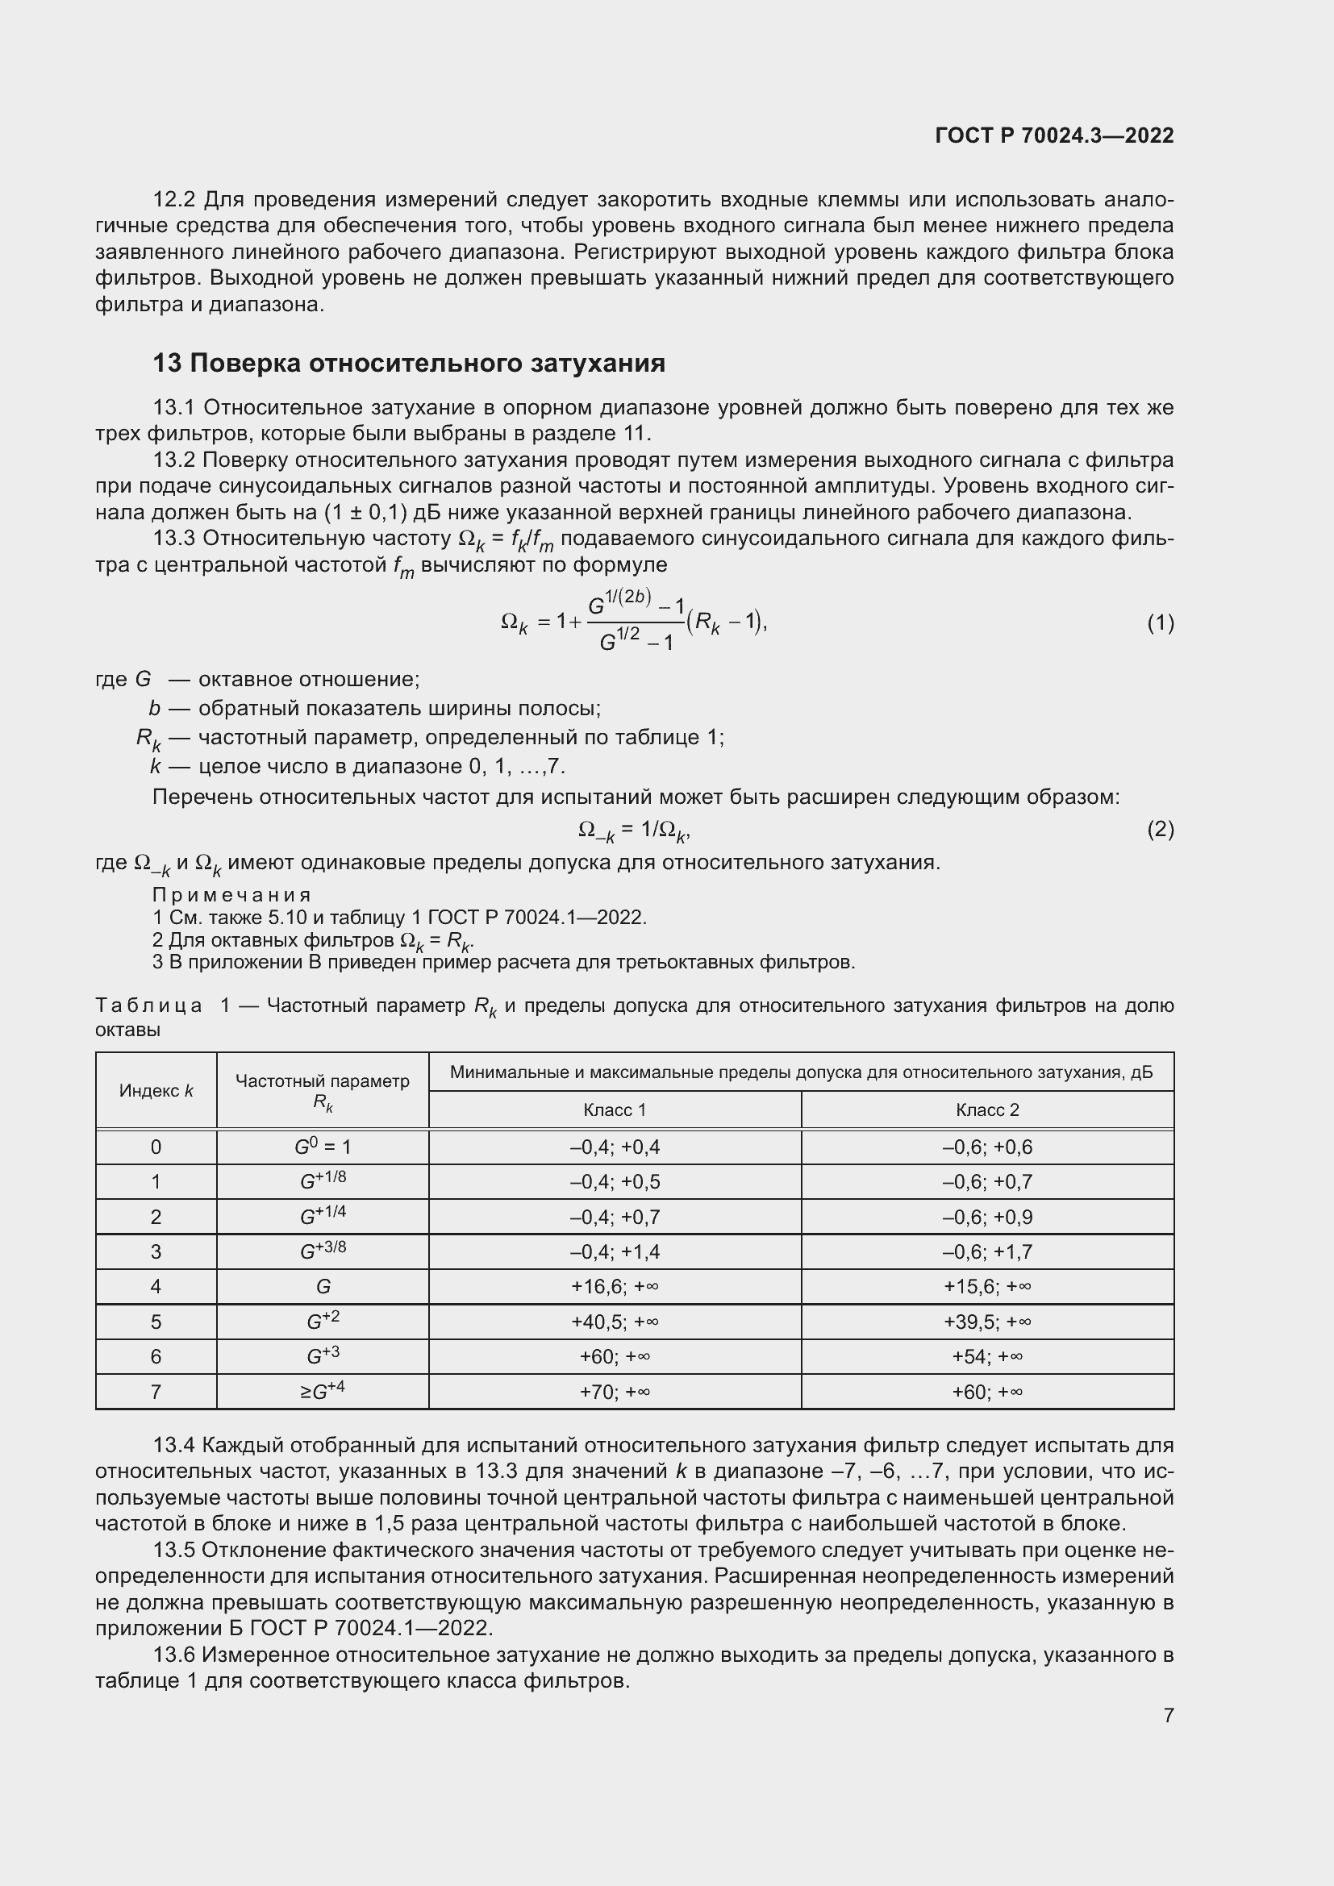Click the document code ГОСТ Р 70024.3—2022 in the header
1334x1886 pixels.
pyautogui.click(x=1054, y=136)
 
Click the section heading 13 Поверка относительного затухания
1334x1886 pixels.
pyautogui.click(x=408, y=363)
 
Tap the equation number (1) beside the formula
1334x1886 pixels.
pyautogui.click(x=1160, y=623)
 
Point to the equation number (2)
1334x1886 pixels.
pyautogui.click(x=1160, y=830)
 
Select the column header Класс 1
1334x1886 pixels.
pyautogui.click(x=614, y=1110)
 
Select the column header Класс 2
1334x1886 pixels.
pyautogui.click(x=986, y=1110)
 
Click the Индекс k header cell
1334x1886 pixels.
pyautogui.click(x=156, y=1091)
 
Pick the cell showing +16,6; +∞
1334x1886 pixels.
pyautogui.click(x=614, y=1286)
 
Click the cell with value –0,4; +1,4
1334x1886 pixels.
pyautogui.click(x=614, y=1252)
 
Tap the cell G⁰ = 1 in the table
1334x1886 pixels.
pyautogui.click(x=322, y=1147)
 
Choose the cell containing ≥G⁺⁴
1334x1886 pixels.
pyautogui.click(x=322, y=1391)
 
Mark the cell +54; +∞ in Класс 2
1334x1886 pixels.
pyautogui.click(x=986, y=1356)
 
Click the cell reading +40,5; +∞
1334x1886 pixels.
pyautogui.click(x=614, y=1322)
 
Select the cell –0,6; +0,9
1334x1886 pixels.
pyautogui.click(x=986, y=1217)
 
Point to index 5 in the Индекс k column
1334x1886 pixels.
pyautogui.click(x=156, y=1322)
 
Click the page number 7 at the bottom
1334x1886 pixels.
pyautogui.click(x=1168, y=1715)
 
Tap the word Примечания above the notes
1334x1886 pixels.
pyautogui.click(x=231, y=894)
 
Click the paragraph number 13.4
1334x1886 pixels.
pyautogui.click(x=173, y=1446)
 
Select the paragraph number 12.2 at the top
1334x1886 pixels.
pyautogui.click(x=173, y=200)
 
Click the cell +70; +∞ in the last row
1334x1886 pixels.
pyautogui.click(x=614, y=1392)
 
